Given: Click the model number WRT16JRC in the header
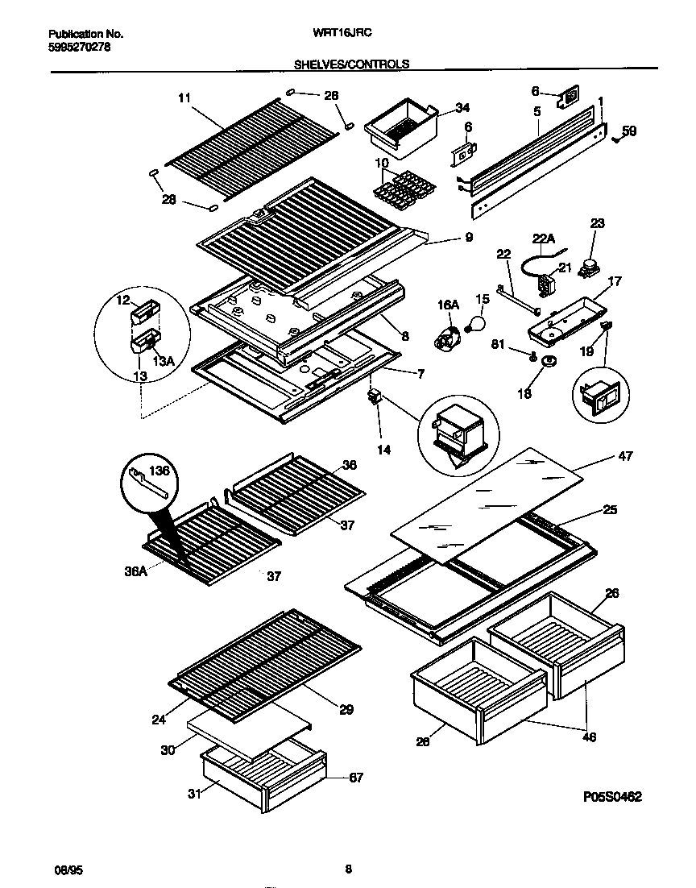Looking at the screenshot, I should tap(349, 34).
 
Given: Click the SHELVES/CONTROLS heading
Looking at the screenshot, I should tap(351, 64).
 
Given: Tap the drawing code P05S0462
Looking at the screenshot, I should tap(612, 797).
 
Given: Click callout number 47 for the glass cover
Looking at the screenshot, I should tap(624, 456).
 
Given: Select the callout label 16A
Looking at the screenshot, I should tap(448, 304).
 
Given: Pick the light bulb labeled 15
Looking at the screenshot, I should tap(477, 323).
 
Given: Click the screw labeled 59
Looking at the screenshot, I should tap(616, 138).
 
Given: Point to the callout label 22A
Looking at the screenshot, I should tap(545, 239).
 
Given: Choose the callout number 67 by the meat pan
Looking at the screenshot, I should tap(356, 778).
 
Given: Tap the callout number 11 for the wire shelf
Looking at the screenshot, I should tap(184, 98).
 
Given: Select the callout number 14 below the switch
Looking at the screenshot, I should tap(384, 450).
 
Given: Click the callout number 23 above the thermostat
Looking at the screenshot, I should tap(597, 223).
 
